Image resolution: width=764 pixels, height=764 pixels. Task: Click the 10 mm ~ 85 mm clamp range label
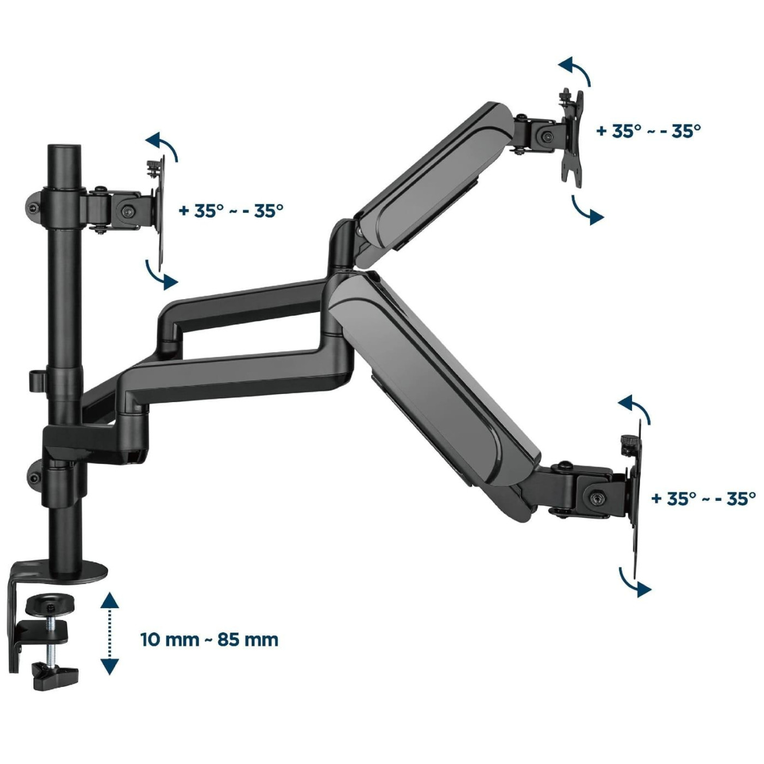(x=210, y=650)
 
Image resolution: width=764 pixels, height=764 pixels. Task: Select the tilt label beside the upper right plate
(x=649, y=131)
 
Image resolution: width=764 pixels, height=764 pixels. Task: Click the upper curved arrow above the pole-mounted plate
(x=166, y=143)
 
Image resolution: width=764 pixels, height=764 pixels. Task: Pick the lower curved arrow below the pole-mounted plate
(x=159, y=276)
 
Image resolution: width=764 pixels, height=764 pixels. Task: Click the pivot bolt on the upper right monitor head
(x=548, y=136)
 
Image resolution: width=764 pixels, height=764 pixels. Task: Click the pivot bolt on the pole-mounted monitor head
(x=128, y=211)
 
